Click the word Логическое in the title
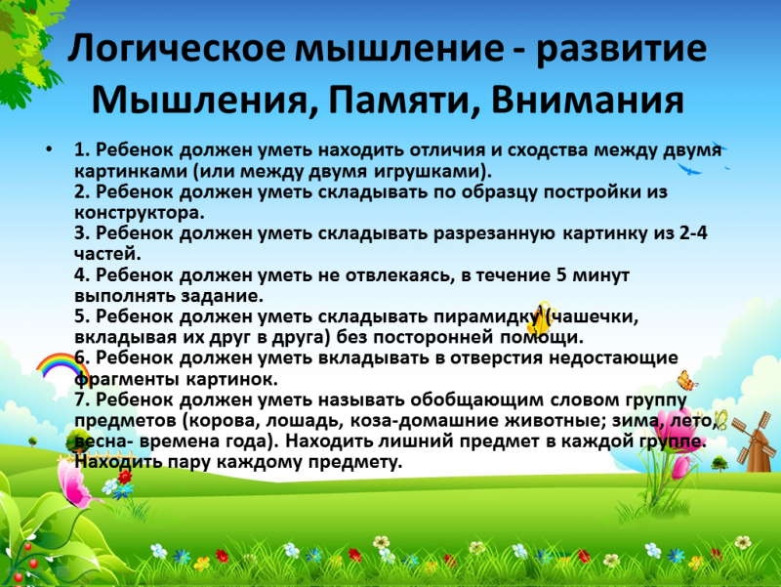pos(177,49)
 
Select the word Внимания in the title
pos(588,100)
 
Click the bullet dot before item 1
pos(48,149)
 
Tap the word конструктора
pos(138,213)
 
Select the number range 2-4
pos(689,232)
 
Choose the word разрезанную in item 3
pos(494,233)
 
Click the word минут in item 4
pos(600,275)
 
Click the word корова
pos(225,421)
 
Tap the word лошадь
pos(305,421)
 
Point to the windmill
pos(751,441)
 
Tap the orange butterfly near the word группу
pos(687,380)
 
